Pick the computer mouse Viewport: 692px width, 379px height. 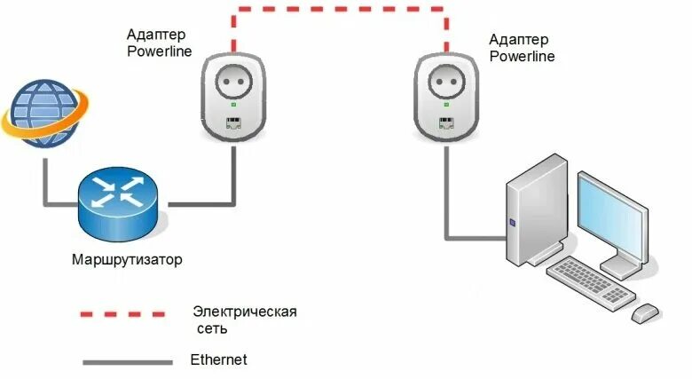(645, 312)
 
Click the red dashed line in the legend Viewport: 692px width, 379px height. (122, 313)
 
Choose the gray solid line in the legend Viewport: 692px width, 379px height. (127, 361)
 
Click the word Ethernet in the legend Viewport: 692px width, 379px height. (218, 359)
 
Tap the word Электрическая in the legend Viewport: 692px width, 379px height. (244, 312)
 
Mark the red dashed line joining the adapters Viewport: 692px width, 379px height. (341, 10)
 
